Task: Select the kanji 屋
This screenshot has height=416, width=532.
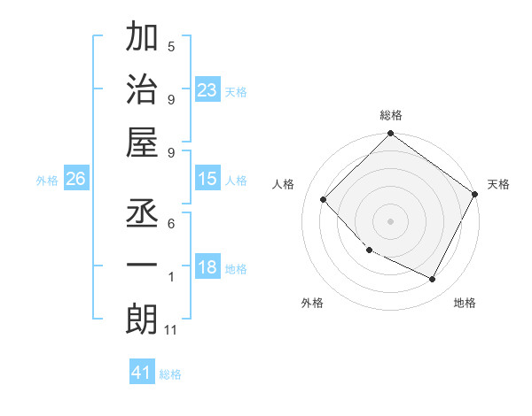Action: point(142,143)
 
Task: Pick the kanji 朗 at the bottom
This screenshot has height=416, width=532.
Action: point(142,319)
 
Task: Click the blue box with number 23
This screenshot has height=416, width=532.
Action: point(207,90)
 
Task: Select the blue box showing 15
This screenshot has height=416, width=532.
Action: point(207,179)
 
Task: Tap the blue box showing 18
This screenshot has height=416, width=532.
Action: point(207,268)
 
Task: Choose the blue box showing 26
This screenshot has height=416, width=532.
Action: point(76,179)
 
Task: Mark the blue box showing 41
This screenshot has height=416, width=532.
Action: point(142,373)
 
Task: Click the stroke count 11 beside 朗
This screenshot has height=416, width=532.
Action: point(171,331)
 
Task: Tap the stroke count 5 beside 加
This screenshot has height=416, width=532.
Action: point(171,47)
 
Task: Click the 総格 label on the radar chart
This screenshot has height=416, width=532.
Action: point(391,115)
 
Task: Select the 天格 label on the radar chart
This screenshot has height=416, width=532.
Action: point(498,184)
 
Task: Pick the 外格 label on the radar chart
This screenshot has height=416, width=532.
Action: point(312,303)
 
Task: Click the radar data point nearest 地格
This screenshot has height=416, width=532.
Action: point(433,280)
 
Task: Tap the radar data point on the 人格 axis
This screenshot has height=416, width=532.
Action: point(324,199)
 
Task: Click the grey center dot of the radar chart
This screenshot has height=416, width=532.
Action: point(391,220)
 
